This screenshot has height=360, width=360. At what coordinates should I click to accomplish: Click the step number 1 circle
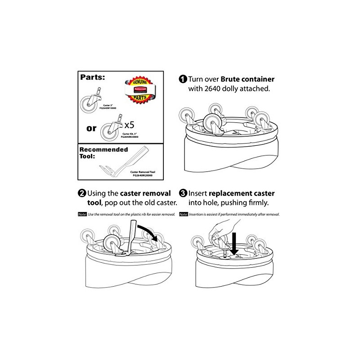tap(183, 79)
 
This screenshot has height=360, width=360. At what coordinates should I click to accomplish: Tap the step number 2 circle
tap(82, 194)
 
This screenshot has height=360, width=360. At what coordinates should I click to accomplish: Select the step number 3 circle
tap(183, 194)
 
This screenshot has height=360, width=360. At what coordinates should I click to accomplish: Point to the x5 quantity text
tap(130, 124)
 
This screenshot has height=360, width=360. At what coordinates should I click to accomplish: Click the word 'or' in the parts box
tap(91, 128)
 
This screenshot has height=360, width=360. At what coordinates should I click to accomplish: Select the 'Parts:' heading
tap(94, 77)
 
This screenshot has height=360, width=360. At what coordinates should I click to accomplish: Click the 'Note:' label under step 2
tap(83, 214)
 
